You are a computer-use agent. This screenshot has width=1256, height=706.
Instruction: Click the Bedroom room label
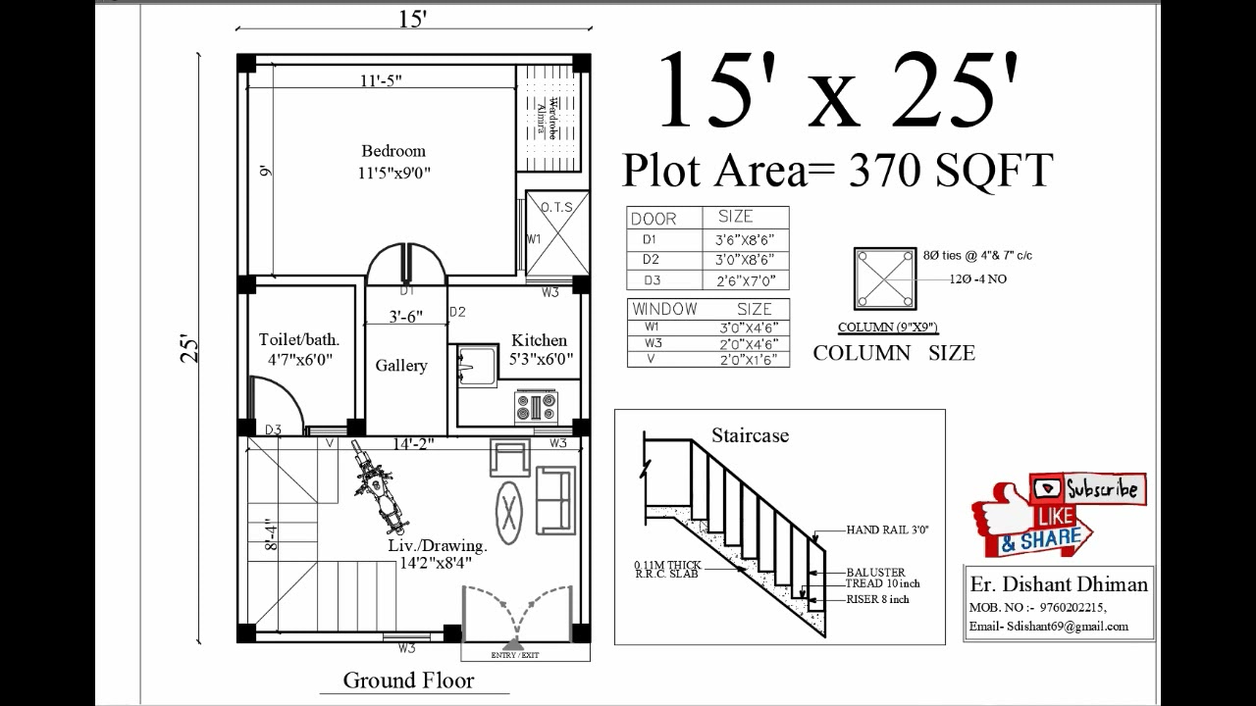[x=393, y=151]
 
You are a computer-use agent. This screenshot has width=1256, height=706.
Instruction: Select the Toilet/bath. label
[x=299, y=339]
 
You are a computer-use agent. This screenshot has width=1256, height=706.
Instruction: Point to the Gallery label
[x=401, y=366]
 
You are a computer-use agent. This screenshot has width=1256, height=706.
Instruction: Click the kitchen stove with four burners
[x=536, y=405]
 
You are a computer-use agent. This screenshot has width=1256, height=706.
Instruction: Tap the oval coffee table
[x=508, y=511]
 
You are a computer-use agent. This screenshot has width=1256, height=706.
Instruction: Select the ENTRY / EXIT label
[x=514, y=655]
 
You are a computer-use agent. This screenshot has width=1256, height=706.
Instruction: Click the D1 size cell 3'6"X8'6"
[x=745, y=238]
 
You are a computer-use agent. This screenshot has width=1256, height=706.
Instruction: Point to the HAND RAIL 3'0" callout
[x=887, y=529]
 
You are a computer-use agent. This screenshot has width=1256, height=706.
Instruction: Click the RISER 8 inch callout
[x=877, y=599]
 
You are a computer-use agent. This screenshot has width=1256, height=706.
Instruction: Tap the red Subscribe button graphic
[x=1087, y=487]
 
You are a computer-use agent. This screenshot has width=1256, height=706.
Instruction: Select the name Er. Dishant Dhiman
[x=1059, y=584]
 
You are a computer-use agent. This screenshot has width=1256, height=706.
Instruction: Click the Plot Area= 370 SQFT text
[x=837, y=170]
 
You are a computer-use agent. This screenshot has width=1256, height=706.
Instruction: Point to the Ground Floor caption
[x=408, y=681]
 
